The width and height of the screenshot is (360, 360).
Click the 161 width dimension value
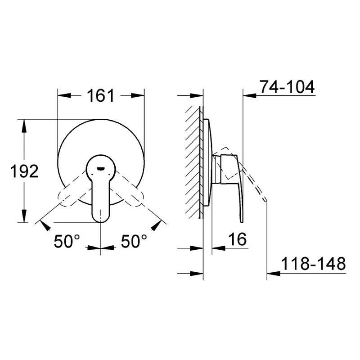point(101,96)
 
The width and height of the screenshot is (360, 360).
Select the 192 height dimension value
point(24,171)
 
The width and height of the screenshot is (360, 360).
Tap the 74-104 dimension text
point(287,87)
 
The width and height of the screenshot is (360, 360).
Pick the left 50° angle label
point(67,242)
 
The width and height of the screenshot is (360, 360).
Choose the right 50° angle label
point(134,242)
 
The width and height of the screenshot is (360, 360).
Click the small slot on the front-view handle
point(101,168)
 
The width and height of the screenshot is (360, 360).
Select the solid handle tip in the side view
point(241,220)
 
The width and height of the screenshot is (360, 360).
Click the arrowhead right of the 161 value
point(138,96)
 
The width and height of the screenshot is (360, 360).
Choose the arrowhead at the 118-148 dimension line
point(273,273)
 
